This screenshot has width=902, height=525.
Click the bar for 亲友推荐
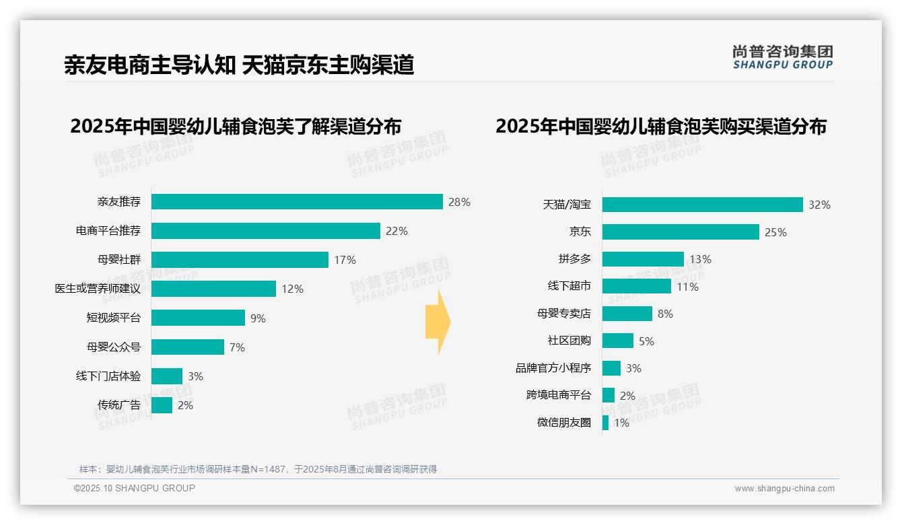click(x=297, y=202)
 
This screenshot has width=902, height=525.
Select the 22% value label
click(x=396, y=231)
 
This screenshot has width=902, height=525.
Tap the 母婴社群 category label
click(x=118, y=260)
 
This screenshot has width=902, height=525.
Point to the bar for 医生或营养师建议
click(x=213, y=289)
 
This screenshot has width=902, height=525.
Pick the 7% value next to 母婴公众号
click(x=237, y=347)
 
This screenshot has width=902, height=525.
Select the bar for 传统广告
click(x=162, y=405)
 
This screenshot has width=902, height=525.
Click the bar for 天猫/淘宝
click(x=702, y=205)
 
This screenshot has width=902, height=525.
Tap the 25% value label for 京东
click(x=775, y=232)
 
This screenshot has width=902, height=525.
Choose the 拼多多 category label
click(x=574, y=259)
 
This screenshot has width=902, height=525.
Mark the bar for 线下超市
click(x=636, y=286)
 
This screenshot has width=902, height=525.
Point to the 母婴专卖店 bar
click(x=627, y=314)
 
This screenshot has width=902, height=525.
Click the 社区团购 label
click(x=569, y=341)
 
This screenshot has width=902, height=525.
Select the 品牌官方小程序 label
click(x=553, y=368)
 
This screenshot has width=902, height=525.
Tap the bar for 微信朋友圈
click(x=605, y=423)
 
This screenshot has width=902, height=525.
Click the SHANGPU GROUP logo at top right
click(x=782, y=57)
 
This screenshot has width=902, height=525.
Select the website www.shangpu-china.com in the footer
click(x=784, y=489)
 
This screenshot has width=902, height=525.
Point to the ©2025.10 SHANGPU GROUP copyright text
click(x=134, y=488)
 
